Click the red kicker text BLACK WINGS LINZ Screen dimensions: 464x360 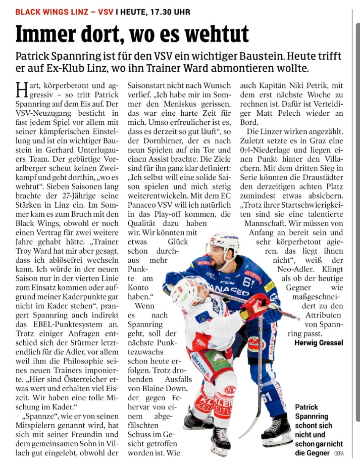click(x=50, y=11)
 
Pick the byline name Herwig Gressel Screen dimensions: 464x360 click(x=318, y=343)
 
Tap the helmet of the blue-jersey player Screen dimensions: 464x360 click(x=224, y=241)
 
